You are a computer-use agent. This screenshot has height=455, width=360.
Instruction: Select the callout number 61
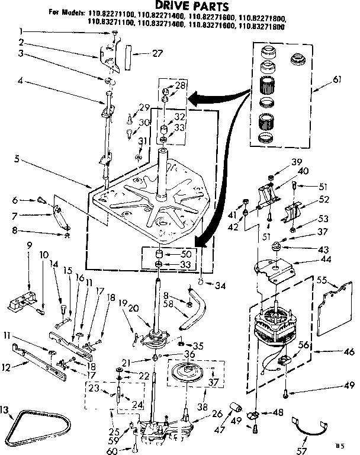pos(336,89)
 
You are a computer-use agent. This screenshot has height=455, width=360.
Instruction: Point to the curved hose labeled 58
pos(194,310)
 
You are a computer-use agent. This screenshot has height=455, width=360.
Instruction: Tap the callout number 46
pos(349,351)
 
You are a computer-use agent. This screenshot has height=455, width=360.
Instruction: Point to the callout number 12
pos(7,368)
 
